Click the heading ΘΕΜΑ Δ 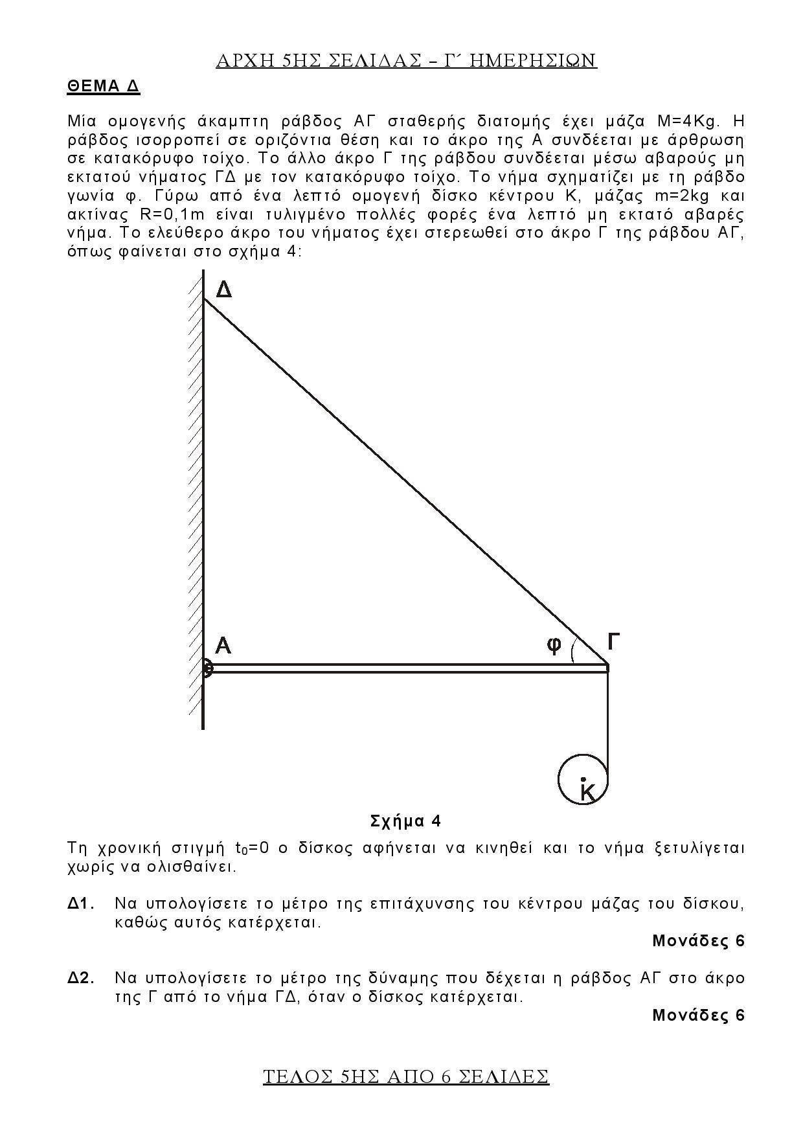tap(104, 87)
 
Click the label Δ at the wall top tap(223, 290)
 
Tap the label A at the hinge tap(223, 646)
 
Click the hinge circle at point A tap(206, 668)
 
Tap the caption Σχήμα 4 tap(405, 821)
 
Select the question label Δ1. tap(81, 903)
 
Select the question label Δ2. tap(81, 977)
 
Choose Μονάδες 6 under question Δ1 tap(698, 940)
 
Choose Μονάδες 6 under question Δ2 tap(698, 1015)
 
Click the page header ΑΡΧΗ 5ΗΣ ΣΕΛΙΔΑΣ tap(406, 60)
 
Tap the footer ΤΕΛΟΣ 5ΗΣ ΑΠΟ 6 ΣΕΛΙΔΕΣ tap(406, 1076)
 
